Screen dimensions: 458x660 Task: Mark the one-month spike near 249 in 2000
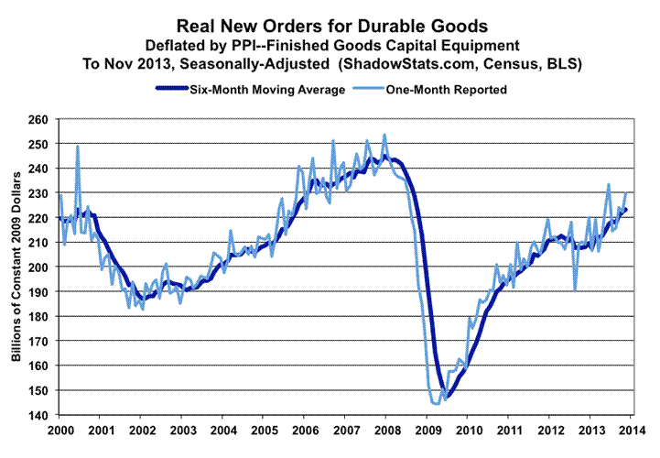tap(77, 147)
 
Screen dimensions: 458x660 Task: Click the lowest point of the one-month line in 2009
tap(436, 403)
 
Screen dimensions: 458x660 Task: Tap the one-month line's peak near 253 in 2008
tap(384, 136)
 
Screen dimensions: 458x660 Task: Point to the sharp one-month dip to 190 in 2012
tap(575, 290)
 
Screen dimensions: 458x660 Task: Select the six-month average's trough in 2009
tap(448, 397)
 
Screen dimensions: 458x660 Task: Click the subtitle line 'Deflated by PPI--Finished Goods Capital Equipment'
tap(330, 45)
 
